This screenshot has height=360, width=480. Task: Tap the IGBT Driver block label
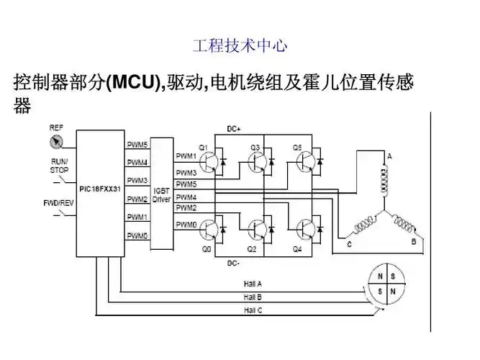(x=161, y=194)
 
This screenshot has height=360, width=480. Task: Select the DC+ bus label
(x=234, y=129)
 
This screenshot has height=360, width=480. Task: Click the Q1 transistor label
(x=203, y=147)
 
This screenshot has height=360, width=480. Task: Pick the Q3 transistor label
(x=254, y=147)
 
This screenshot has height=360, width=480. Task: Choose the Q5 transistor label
(x=296, y=147)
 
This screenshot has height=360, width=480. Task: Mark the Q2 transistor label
(x=252, y=249)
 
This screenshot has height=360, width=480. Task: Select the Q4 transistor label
(x=298, y=249)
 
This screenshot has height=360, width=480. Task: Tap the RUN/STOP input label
(x=59, y=165)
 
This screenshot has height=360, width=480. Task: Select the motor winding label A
(x=389, y=156)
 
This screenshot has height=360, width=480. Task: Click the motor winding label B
(x=413, y=242)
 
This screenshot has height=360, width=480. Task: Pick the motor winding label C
(x=349, y=245)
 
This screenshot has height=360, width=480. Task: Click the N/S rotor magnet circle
(x=386, y=284)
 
